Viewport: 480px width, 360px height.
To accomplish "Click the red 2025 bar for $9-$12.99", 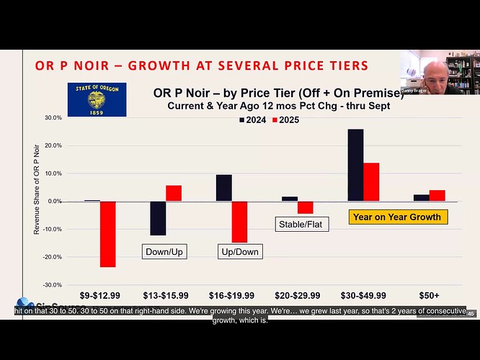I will (x=108, y=234).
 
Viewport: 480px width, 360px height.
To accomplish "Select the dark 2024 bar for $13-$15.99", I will (x=158, y=218).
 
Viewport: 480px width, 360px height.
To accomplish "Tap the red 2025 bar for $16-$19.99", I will (x=239, y=222).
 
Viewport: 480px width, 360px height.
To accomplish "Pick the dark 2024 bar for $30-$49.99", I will (x=355, y=165).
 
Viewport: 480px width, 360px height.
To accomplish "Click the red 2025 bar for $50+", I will (x=437, y=195).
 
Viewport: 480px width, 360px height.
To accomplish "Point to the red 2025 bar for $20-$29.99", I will (x=305, y=207).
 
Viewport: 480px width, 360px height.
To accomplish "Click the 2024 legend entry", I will (x=252, y=120).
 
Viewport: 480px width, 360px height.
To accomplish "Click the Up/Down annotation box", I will (x=239, y=251).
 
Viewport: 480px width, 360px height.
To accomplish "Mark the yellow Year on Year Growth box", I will (x=396, y=216).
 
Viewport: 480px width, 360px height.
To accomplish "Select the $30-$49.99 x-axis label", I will (x=363, y=295).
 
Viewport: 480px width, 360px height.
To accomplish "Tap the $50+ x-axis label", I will (x=430, y=295).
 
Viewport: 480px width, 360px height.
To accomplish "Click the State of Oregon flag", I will (x=97, y=99).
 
